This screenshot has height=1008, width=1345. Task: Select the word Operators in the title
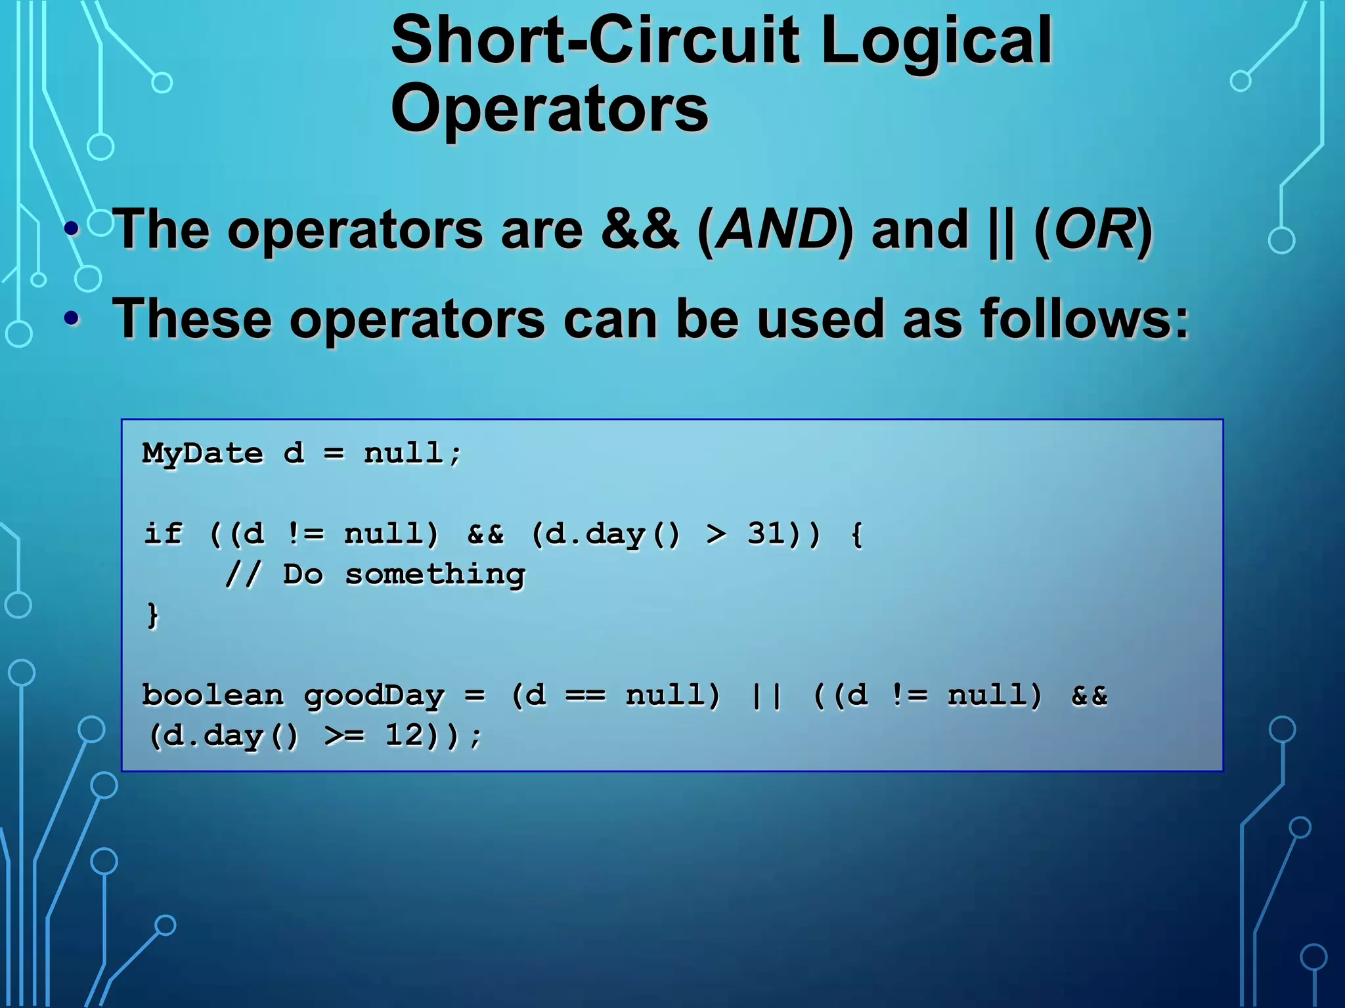point(549,109)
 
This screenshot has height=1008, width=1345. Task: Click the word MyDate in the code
point(202,454)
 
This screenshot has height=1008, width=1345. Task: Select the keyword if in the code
point(162,534)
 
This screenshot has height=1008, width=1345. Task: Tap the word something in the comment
point(435,576)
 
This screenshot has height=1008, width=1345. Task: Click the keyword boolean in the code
point(213,696)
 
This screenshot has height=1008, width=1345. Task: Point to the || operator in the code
point(766,696)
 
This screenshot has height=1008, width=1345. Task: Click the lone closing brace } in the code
point(152,616)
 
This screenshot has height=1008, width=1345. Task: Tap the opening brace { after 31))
point(856,534)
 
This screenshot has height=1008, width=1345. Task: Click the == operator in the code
point(585,696)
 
